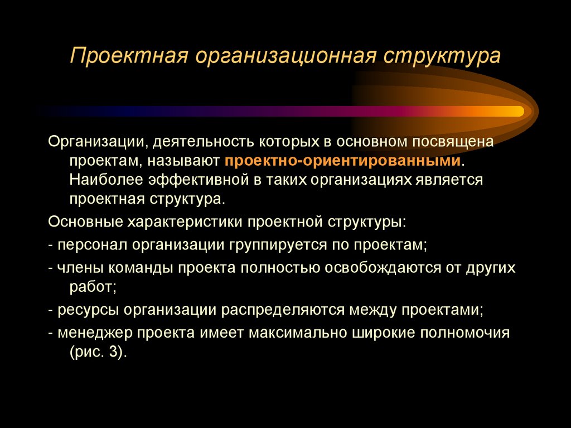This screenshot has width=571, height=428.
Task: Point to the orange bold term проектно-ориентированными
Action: [x=344, y=161]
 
